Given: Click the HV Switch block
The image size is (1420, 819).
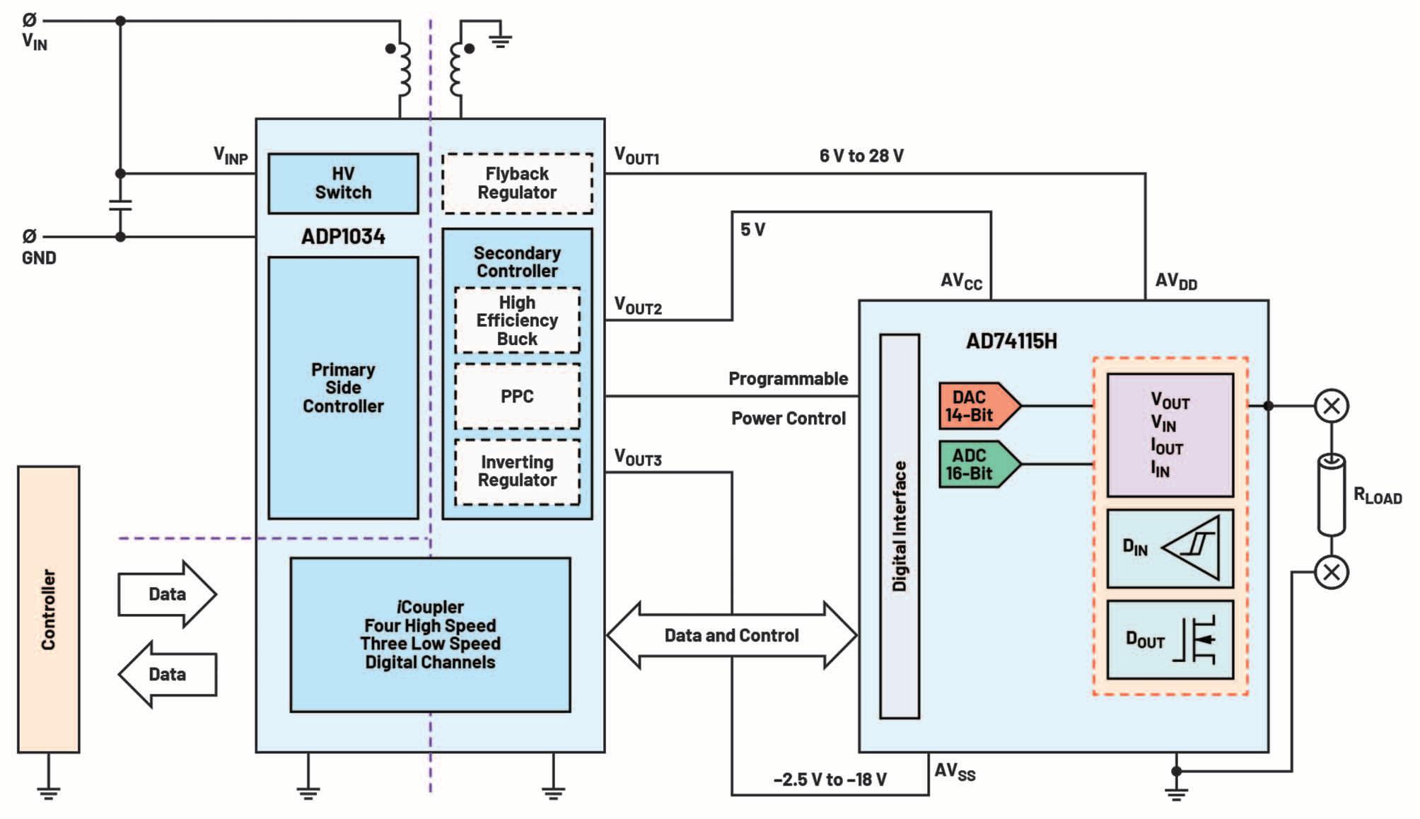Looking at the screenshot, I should coord(343,183).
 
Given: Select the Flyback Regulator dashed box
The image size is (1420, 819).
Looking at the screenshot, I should coord(517,183).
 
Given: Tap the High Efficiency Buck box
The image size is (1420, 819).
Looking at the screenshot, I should coord(517,320).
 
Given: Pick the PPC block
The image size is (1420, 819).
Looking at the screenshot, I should coord(517,396).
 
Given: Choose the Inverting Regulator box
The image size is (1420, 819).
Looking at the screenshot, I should coord(517,472).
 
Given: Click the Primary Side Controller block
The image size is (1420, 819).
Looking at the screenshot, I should coord(343,388).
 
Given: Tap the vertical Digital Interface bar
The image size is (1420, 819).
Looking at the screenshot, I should coord(900,526).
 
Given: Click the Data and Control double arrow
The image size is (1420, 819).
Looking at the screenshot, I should coord(732,635).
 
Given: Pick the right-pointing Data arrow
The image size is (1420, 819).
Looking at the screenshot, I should coord(167,594).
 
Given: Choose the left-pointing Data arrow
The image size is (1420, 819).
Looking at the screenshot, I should coord(167,674).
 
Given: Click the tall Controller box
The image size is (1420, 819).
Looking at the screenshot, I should coord(49,609).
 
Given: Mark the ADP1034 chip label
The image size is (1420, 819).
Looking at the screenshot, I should coord(343,236).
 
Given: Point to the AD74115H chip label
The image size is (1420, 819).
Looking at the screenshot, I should coord(1011,341).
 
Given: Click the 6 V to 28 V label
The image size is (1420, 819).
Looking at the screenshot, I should coord(861,156).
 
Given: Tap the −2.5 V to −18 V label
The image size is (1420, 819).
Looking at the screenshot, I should coord(830,779).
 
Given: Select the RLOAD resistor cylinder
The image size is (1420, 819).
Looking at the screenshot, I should coord(1332,495).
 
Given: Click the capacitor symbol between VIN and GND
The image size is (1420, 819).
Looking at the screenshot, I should coord(120,205).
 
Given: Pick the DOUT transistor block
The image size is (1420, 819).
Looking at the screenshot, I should coord(1170,640).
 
